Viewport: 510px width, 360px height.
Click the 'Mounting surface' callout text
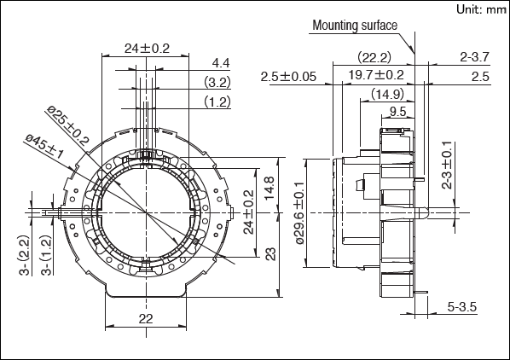point(355,25)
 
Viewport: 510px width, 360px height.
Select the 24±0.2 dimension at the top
point(146,48)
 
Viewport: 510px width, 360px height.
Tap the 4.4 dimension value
point(221,63)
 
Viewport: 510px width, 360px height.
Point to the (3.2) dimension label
point(217,82)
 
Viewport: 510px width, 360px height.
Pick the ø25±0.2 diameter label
point(69,119)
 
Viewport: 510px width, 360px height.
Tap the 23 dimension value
point(269,253)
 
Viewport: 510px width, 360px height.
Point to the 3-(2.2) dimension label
point(24,257)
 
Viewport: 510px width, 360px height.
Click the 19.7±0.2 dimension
point(376,76)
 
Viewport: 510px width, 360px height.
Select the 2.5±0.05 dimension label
point(289,77)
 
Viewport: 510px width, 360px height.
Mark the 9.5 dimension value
point(397,111)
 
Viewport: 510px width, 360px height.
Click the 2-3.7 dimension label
point(474,58)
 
